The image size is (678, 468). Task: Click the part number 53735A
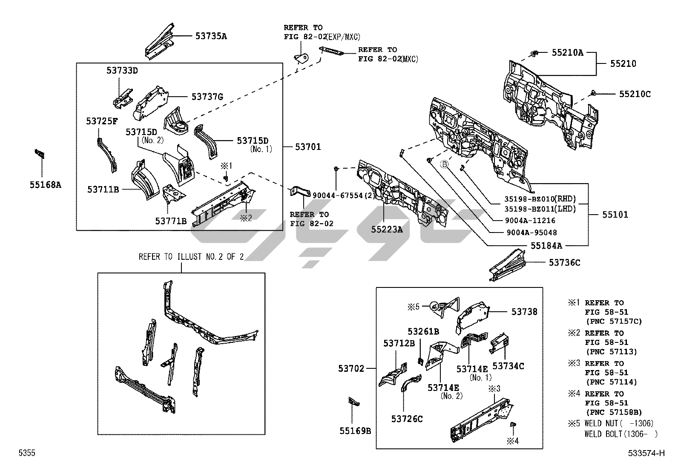[211, 36]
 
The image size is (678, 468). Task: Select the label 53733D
[122, 71]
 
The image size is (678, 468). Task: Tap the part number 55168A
[45, 185]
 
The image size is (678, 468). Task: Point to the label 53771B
[171, 221]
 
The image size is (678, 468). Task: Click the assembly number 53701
[308, 147]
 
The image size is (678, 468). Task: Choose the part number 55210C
[635, 94]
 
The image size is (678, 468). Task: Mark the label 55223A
[387, 230]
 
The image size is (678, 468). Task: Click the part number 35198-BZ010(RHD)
[540, 199]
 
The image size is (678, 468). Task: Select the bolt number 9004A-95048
[531, 233]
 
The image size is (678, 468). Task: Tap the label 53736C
[564, 263]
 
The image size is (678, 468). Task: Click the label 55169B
[355, 431]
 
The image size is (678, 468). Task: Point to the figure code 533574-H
[646, 454]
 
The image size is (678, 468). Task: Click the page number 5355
[26, 454]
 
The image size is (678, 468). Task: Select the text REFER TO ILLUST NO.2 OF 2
[191, 257]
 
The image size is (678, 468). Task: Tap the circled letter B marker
[444, 164]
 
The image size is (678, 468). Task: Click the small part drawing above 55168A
[40, 153]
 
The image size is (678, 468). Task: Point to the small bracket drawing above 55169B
[353, 401]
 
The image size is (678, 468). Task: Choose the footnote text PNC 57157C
[614, 321]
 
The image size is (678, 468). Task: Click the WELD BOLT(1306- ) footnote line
[621, 434]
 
